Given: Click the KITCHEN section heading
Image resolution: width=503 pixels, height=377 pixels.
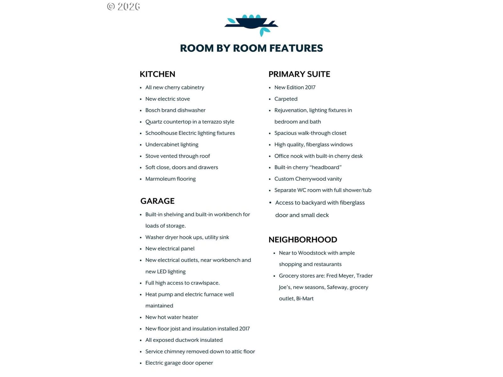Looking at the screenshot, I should pos(157,74).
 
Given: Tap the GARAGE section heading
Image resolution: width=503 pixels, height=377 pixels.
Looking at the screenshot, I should pos(157,201).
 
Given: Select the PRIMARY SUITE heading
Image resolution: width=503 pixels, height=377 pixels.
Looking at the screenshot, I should pos(299,74).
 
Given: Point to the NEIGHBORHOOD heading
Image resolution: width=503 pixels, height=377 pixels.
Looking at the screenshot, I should pos(302,240).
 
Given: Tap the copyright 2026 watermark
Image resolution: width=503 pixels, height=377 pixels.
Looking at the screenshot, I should pos(124,7).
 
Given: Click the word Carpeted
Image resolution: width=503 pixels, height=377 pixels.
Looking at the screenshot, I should pos(286,99).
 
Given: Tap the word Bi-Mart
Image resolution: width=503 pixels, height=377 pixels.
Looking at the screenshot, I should pos(305,298).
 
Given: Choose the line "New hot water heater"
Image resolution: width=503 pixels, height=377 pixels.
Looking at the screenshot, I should pos(172,317).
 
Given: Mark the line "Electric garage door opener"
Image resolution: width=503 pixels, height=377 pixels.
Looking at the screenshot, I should pos(179,363).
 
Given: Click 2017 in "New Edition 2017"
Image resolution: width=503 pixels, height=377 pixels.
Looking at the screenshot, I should pos(310,87).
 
